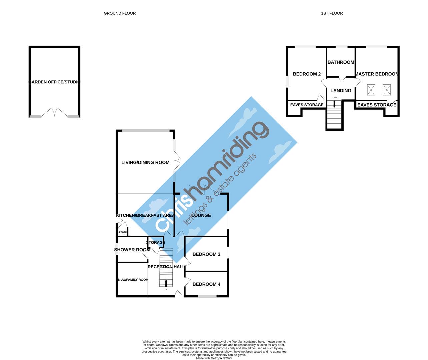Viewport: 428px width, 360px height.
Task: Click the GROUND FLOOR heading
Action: click(x=120, y=13)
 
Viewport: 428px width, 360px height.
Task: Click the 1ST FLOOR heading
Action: click(x=332, y=13)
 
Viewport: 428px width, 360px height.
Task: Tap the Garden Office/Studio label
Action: click(x=55, y=82)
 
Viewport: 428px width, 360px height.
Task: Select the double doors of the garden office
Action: click(x=54, y=112)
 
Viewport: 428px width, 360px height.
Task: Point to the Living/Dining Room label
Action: click(x=145, y=163)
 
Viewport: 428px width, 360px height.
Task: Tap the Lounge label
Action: click(x=201, y=215)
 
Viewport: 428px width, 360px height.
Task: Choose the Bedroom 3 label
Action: click(x=206, y=254)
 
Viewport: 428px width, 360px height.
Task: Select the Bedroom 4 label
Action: click(x=206, y=284)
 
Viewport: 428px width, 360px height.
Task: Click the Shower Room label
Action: click(x=132, y=250)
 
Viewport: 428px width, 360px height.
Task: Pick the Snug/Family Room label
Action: click(x=133, y=280)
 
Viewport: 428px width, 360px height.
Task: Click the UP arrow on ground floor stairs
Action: click(x=166, y=283)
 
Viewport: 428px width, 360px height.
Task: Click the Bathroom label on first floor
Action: click(x=341, y=62)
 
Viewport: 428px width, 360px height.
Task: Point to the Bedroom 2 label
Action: click(x=307, y=74)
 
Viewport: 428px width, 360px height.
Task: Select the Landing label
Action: click(x=341, y=91)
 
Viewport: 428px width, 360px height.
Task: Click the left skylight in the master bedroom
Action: click(x=371, y=90)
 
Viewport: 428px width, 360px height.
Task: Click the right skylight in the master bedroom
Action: click(x=386, y=90)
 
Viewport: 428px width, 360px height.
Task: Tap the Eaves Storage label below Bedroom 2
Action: click(x=307, y=105)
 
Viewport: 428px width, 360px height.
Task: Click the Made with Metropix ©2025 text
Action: click(x=214, y=358)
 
